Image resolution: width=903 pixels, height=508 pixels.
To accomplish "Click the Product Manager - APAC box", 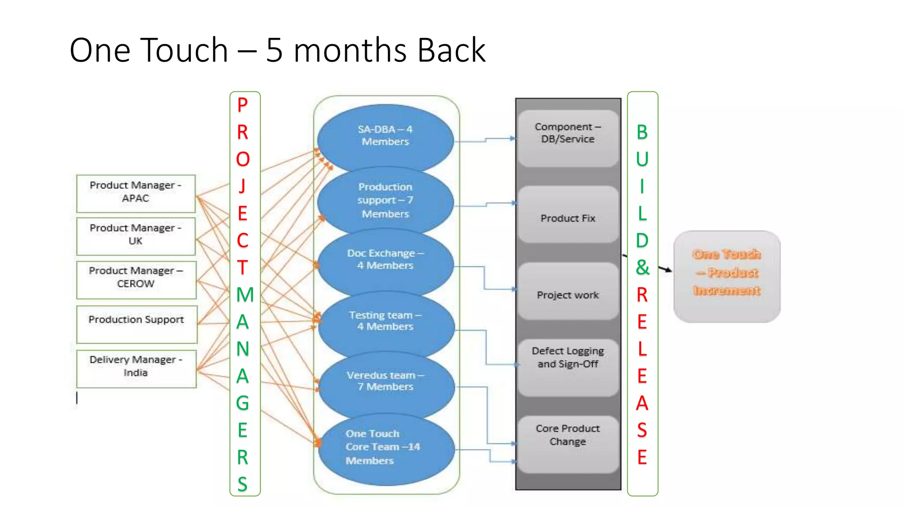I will [136, 193].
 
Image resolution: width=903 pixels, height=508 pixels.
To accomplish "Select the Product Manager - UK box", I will [136, 236].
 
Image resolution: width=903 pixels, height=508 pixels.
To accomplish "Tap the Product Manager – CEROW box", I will [136, 279].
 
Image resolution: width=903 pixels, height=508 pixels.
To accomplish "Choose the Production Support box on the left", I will [136, 324].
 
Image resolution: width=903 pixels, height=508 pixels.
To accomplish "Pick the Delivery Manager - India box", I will [136, 368].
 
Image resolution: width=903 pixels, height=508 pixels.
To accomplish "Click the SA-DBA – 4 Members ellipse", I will [385, 137].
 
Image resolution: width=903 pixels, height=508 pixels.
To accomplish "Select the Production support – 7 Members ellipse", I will [385, 201].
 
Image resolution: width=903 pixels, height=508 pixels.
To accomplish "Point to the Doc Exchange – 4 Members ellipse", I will [385, 261].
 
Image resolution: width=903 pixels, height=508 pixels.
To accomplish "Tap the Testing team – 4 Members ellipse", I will [385, 322].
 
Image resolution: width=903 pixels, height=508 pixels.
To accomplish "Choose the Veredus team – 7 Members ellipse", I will [385, 382].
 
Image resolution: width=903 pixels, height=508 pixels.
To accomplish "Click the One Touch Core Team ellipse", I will [385, 448].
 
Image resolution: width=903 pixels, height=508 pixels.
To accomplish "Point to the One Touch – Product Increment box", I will [727, 276].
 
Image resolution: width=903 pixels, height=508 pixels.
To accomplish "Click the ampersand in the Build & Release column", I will [642, 267].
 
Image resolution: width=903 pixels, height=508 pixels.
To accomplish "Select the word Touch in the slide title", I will [185, 50].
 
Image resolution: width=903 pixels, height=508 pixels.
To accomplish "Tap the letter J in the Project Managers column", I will [242, 186].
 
